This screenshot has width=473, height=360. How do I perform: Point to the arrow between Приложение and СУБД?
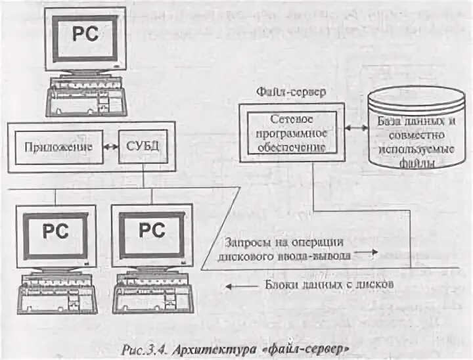(x=110, y=146)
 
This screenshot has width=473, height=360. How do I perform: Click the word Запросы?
(x=242, y=242)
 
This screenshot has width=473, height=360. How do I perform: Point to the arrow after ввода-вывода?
(x=372, y=252)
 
